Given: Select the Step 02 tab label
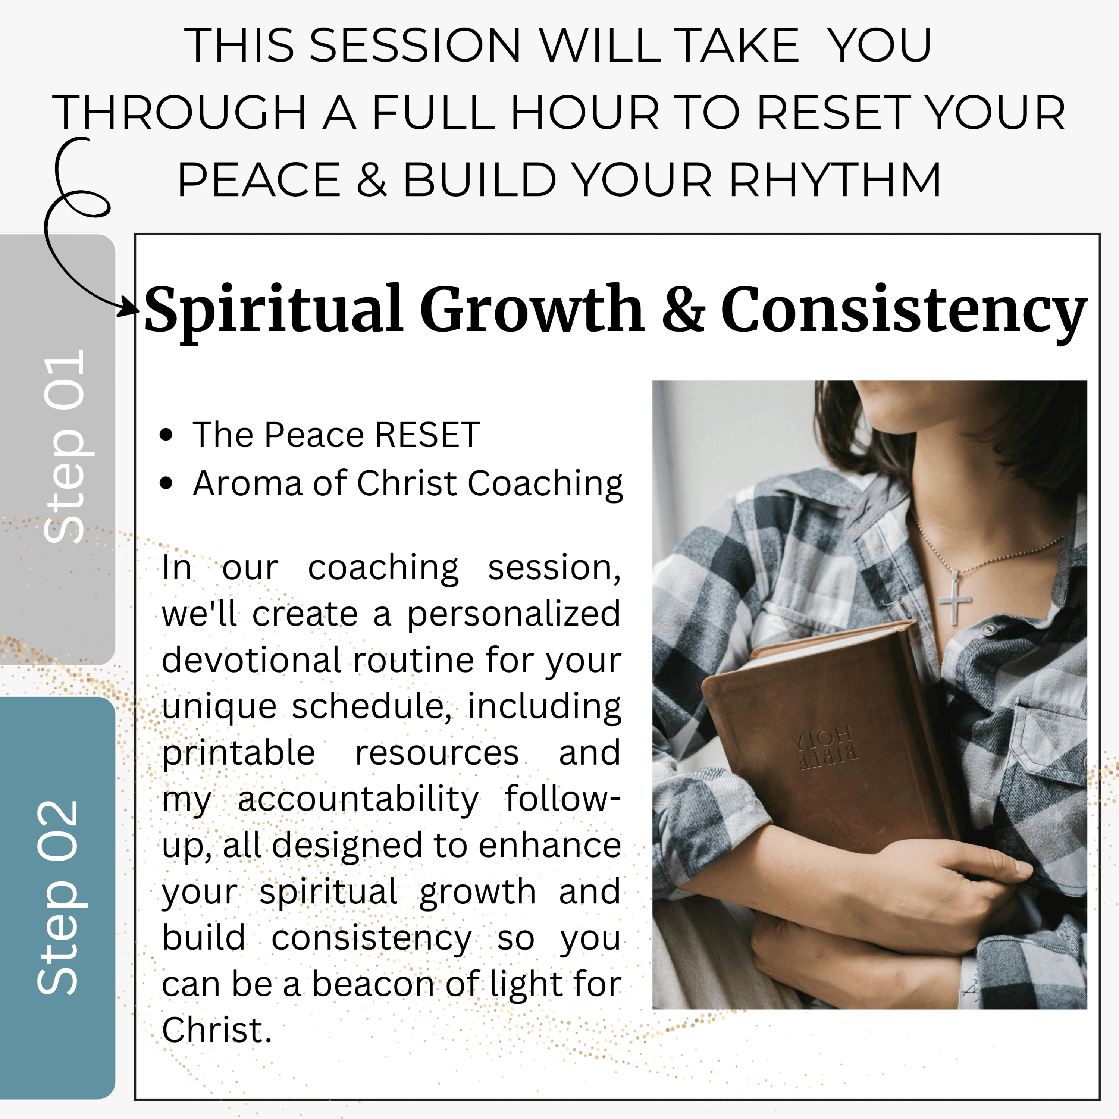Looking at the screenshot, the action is pos(57,898).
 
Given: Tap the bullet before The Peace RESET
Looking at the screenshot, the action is pos(166,435).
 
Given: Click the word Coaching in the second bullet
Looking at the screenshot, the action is pos(545,484).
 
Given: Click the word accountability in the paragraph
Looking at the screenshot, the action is pos(358,800).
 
